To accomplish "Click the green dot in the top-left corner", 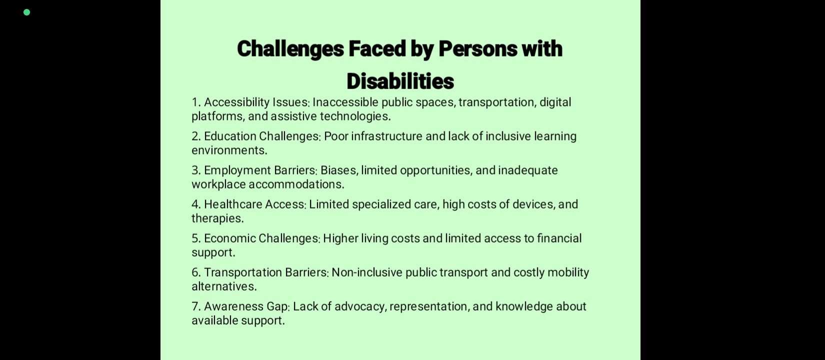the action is pyautogui.click(x=26, y=12).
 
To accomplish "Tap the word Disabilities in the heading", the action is pyautogui.click(x=400, y=81).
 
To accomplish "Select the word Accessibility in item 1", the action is pyautogui.click(x=237, y=102).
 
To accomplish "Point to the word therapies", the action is pyautogui.click(x=217, y=218).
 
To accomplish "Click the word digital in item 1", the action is pyautogui.click(x=555, y=102).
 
